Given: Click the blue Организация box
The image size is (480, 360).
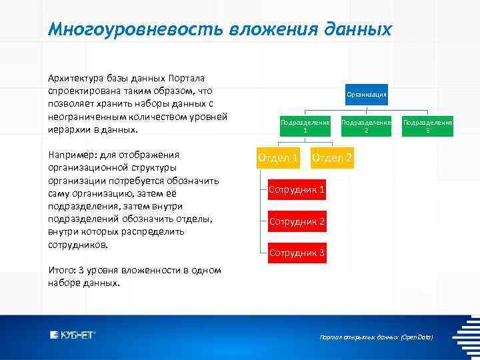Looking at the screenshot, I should (x=366, y=95).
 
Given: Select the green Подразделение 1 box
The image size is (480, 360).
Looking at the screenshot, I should (x=305, y=126).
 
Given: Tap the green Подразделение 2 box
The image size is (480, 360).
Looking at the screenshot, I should (x=366, y=126).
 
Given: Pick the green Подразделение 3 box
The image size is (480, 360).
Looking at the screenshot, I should (x=427, y=126).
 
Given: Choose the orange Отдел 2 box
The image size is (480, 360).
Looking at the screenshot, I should (x=332, y=158).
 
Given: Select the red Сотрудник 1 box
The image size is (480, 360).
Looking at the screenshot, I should (x=297, y=190).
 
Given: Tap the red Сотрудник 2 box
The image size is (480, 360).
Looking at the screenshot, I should (x=297, y=221).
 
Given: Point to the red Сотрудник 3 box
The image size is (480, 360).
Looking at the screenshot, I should (x=297, y=253).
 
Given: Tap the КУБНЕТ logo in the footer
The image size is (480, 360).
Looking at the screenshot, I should (x=73, y=335).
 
